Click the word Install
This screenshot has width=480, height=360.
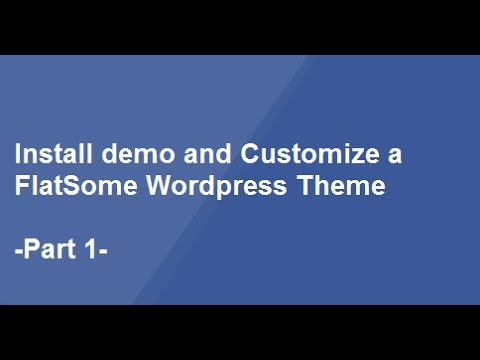(x=48, y=155)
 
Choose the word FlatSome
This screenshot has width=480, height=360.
(x=65, y=187)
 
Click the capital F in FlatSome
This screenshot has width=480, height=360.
(x=21, y=187)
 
